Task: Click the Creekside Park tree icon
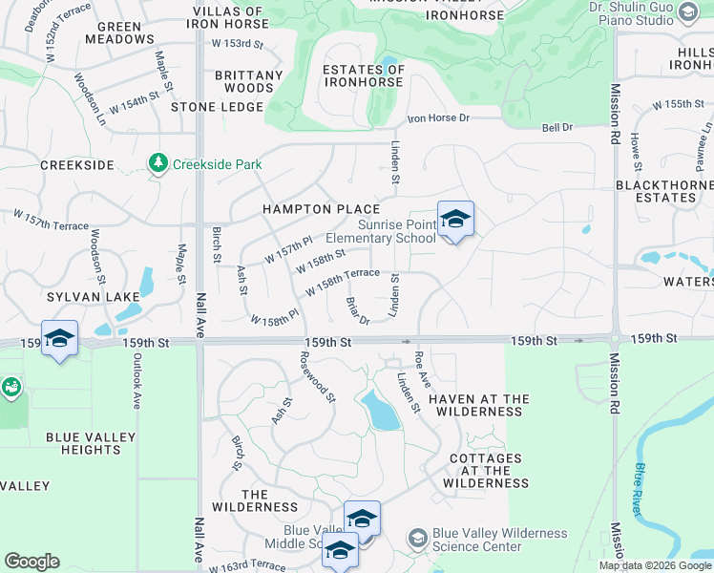click(158, 164)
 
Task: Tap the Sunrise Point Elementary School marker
click(455, 220)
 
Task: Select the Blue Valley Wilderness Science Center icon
click(417, 540)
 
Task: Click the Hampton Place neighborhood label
click(321, 209)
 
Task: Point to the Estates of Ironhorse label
click(364, 76)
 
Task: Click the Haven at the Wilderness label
click(478, 405)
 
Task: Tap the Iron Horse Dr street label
click(439, 118)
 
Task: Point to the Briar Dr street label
click(357, 309)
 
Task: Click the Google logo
click(31, 562)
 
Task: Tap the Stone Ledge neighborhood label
click(216, 107)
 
